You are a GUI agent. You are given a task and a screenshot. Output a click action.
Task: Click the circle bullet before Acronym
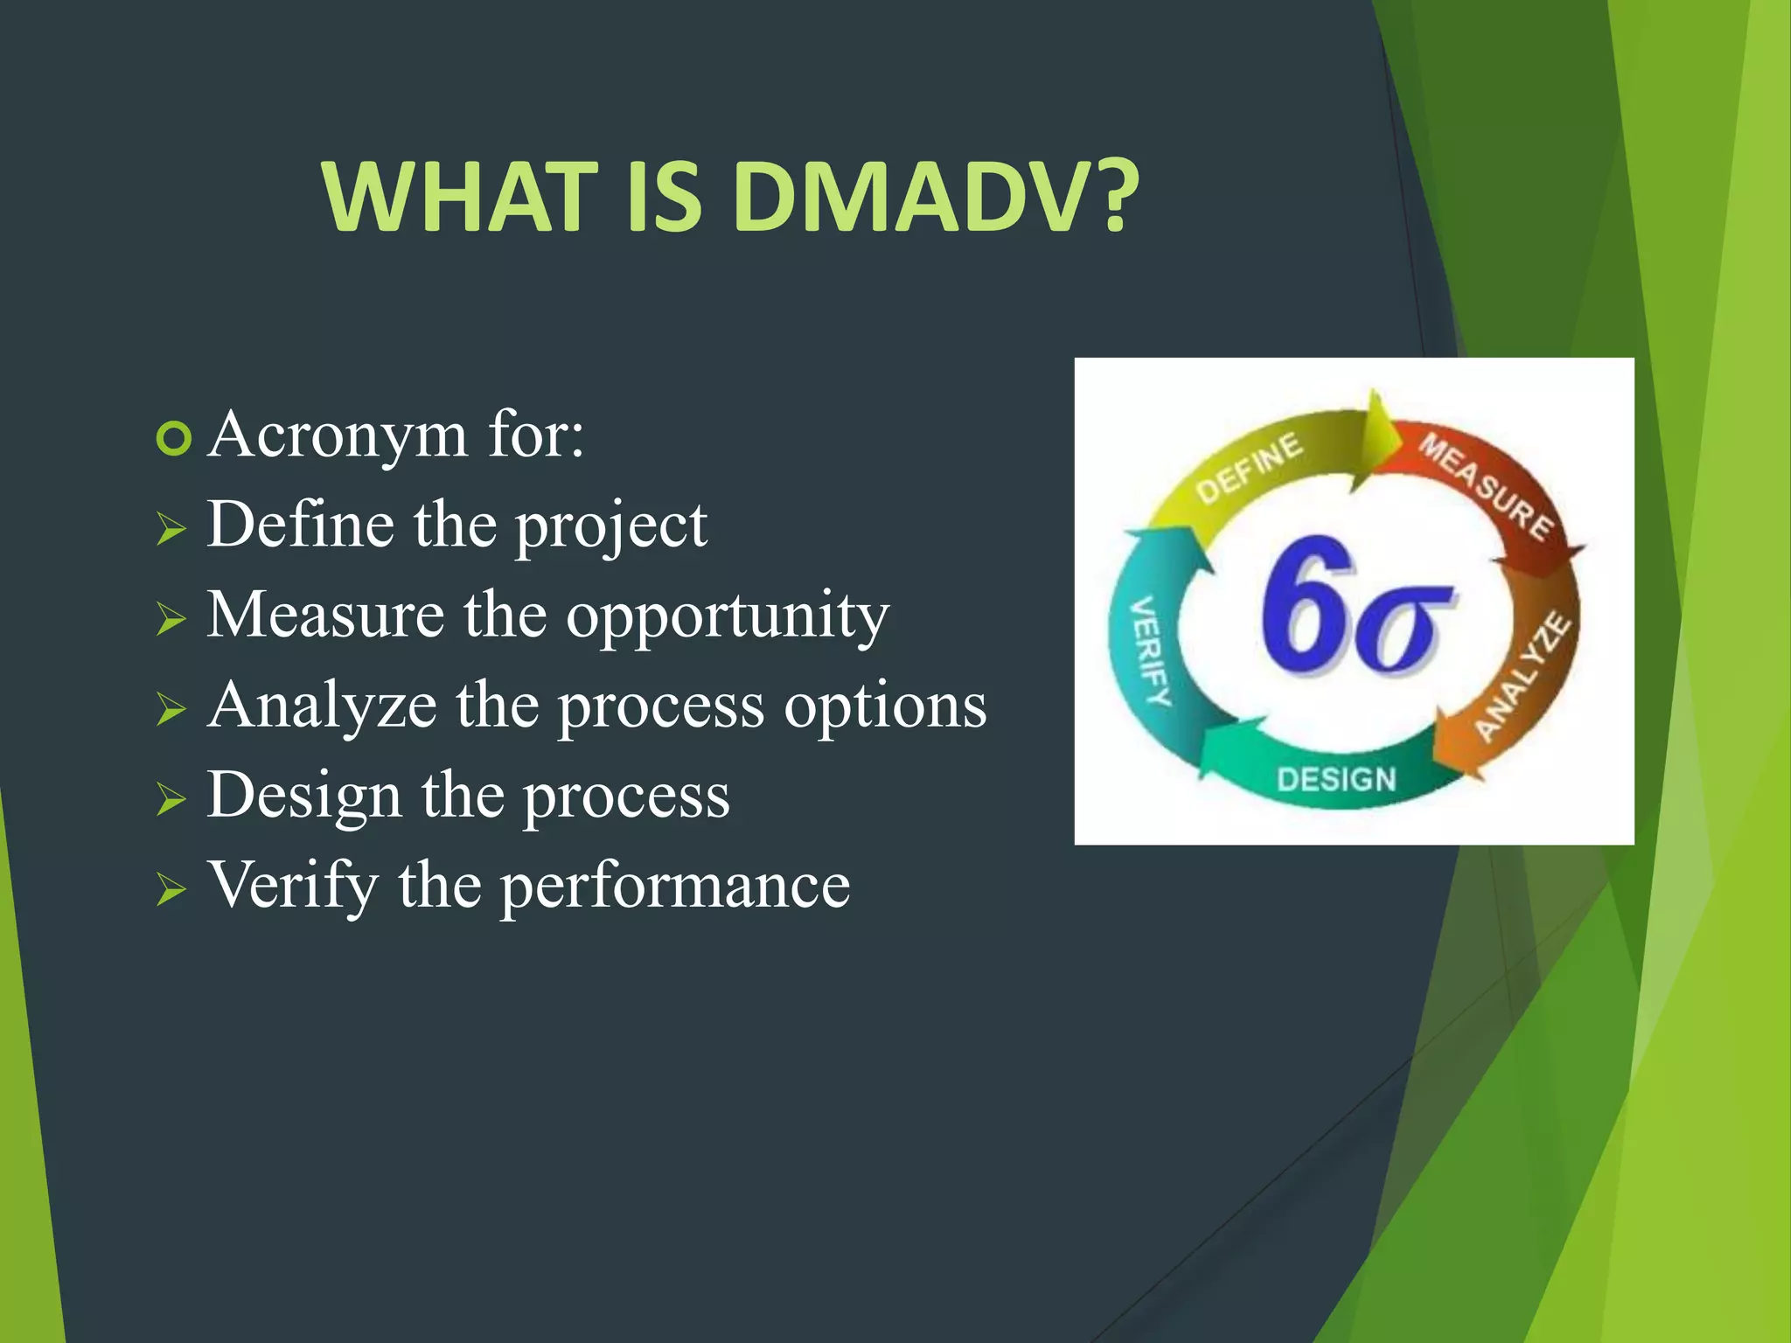click(173, 439)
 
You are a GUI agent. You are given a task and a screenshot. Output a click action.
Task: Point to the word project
click(610, 527)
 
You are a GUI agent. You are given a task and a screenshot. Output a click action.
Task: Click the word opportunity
click(727, 617)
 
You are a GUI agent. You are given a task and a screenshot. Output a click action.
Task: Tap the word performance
click(675, 886)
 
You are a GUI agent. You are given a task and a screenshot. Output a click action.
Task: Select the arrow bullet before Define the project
click(171, 530)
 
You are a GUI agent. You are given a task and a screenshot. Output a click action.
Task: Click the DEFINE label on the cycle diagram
click(1249, 469)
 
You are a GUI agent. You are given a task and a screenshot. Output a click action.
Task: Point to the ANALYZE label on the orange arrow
click(1523, 678)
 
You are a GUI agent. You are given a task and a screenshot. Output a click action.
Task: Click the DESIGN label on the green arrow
click(1336, 779)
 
